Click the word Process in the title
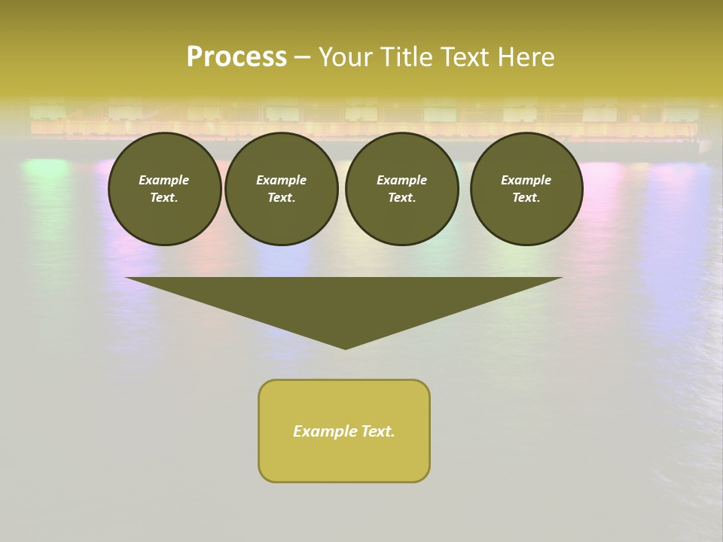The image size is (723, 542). pyautogui.click(x=236, y=57)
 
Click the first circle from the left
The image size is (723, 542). pyautogui.click(x=164, y=189)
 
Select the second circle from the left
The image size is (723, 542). pyautogui.click(x=282, y=189)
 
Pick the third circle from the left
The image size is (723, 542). pyautogui.click(x=401, y=189)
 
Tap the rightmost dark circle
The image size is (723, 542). pyautogui.click(x=526, y=189)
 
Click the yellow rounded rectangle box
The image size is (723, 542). pyautogui.click(x=344, y=431)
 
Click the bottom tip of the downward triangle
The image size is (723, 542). pyautogui.click(x=345, y=348)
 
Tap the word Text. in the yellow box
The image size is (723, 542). pyautogui.click(x=377, y=431)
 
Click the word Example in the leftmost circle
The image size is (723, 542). pyautogui.click(x=164, y=180)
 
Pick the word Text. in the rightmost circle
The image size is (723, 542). pyautogui.click(x=526, y=198)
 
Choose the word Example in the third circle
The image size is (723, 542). pyautogui.click(x=401, y=180)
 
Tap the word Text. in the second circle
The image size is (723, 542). pyautogui.click(x=282, y=198)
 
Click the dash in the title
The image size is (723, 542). pyautogui.click(x=302, y=58)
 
